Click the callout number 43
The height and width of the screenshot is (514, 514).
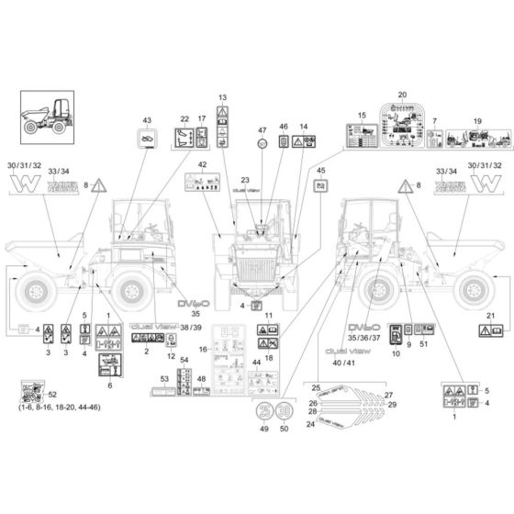point(145,120)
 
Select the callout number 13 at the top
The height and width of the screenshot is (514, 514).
point(222,97)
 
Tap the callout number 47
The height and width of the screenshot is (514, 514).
point(262,130)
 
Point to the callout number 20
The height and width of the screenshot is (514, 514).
point(401,95)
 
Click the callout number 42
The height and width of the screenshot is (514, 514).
point(202,165)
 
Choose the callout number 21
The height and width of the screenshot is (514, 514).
point(490,315)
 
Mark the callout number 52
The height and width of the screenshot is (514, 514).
point(50,393)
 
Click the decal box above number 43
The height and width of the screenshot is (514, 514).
point(145,139)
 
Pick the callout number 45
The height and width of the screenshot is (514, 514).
point(319,170)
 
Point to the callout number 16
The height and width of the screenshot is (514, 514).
point(204,350)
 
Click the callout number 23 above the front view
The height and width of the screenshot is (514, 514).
point(245,181)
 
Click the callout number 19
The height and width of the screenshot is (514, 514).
point(476,121)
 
